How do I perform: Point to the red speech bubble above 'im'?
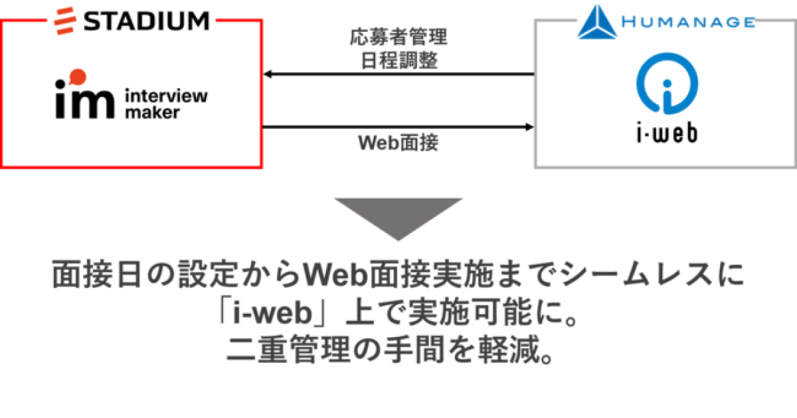(x=77, y=75)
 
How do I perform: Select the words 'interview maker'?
(x=165, y=104)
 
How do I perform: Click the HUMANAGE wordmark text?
(x=688, y=22)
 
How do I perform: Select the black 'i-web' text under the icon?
(x=664, y=133)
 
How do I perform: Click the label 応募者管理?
(x=398, y=37)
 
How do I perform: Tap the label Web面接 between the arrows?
(x=398, y=143)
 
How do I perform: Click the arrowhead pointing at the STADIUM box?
(x=268, y=74)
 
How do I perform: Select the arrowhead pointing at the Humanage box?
(x=529, y=126)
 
